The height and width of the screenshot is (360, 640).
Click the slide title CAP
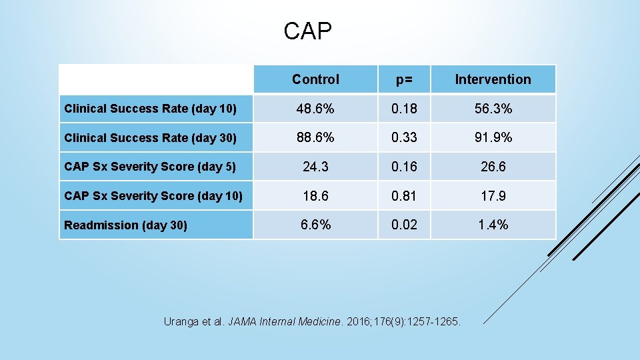[307, 31]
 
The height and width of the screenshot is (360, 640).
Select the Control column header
[315, 79]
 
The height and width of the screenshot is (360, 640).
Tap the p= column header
[404, 79]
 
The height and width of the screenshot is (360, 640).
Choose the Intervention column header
[493, 79]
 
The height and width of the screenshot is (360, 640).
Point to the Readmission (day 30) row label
[125, 225]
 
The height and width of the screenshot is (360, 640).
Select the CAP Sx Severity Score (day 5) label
[150, 167]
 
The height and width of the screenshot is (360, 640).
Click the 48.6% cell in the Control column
[315, 109]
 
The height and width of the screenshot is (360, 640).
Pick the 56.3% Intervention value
[493, 109]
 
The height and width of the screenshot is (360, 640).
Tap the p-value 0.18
[404, 109]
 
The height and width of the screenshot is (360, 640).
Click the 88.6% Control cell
[315, 137]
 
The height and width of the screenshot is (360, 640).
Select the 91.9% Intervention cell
[493, 137]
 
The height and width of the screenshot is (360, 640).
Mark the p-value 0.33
[404, 137]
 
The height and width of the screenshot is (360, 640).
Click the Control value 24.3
[315, 167]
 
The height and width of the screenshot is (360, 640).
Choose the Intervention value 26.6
[493, 167]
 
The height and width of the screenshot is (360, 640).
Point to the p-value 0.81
[404, 196]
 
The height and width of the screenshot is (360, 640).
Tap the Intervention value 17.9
[493, 196]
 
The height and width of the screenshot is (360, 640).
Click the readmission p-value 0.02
[404, 225]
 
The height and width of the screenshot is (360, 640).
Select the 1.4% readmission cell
[493, 225]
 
